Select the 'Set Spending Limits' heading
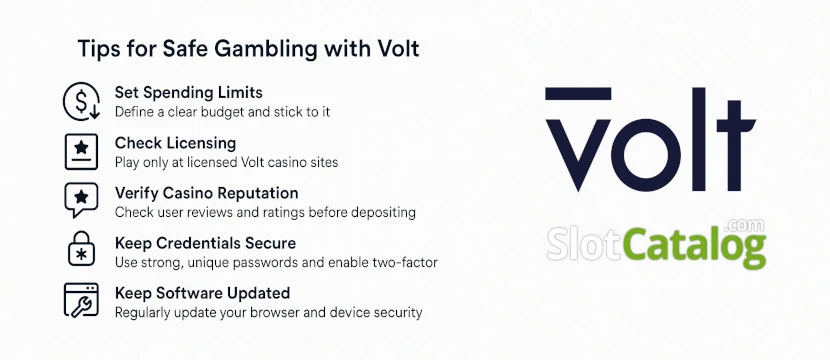click(188, 93)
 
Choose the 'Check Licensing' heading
click(175, 143)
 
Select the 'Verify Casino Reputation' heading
click(205, 193)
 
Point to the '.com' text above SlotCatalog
click(749, 224)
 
